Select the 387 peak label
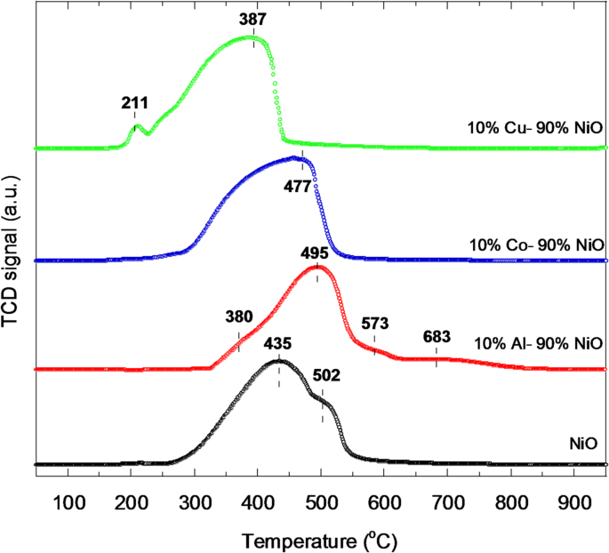pyautogui.click(x=254, y=18)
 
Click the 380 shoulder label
pyautogui.click(x=238, y=315)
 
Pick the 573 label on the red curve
pyautogui.click(x=374, y=323)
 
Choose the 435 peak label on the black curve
pyautogui.click(x=277, y=343)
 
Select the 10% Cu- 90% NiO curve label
pyautogui.click(x=536, y=127)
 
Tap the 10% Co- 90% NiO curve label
pyautogui.click(x=536, y=244)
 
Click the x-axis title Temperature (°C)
pyautogui.click(x=319, y=538)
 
